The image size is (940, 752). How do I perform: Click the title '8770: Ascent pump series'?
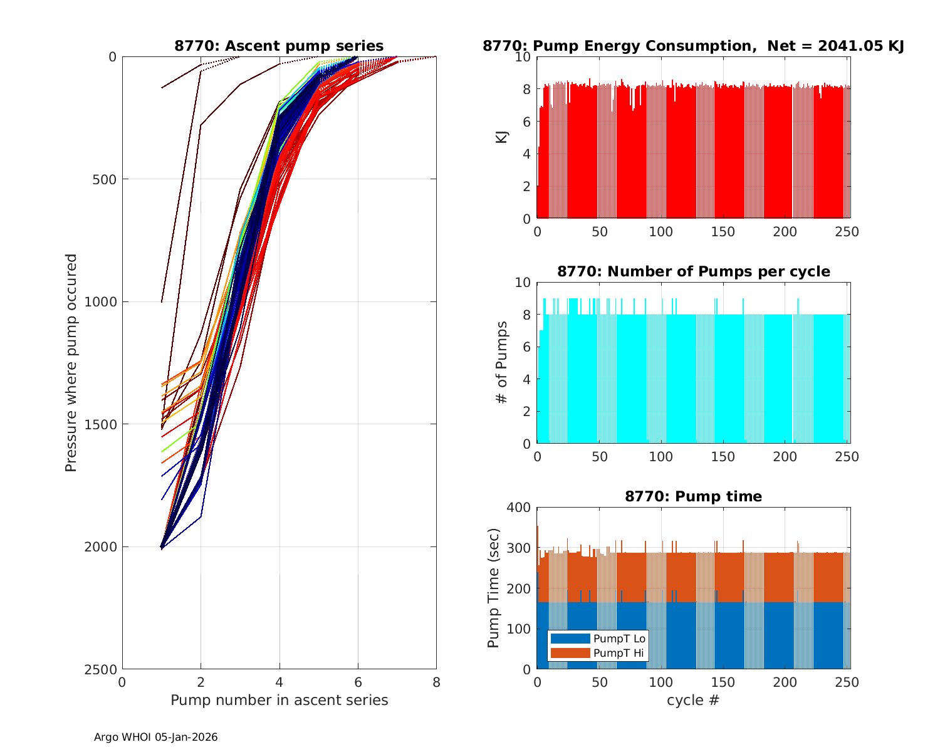coord(279,46)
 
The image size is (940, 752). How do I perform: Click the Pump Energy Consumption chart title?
coord(693,46)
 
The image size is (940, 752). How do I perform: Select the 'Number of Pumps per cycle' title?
coord(693,271)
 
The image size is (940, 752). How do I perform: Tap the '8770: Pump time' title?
coord(693,496)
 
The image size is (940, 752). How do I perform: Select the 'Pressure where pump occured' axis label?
coord(71,362)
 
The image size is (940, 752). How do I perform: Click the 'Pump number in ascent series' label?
coord(279,700)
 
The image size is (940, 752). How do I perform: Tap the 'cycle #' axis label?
coord(693,700)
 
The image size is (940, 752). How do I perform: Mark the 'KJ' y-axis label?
coord(502,137)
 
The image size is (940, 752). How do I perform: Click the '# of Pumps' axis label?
coord(502,362)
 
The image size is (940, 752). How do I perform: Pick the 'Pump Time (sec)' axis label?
coord(494,588)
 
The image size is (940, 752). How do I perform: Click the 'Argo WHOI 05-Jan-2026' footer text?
coord(155,737)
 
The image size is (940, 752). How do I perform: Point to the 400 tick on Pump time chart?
coord(521,508)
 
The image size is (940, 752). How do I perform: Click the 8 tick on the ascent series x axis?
coord(436,682)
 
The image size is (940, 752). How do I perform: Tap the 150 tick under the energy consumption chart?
coord(723,232)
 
